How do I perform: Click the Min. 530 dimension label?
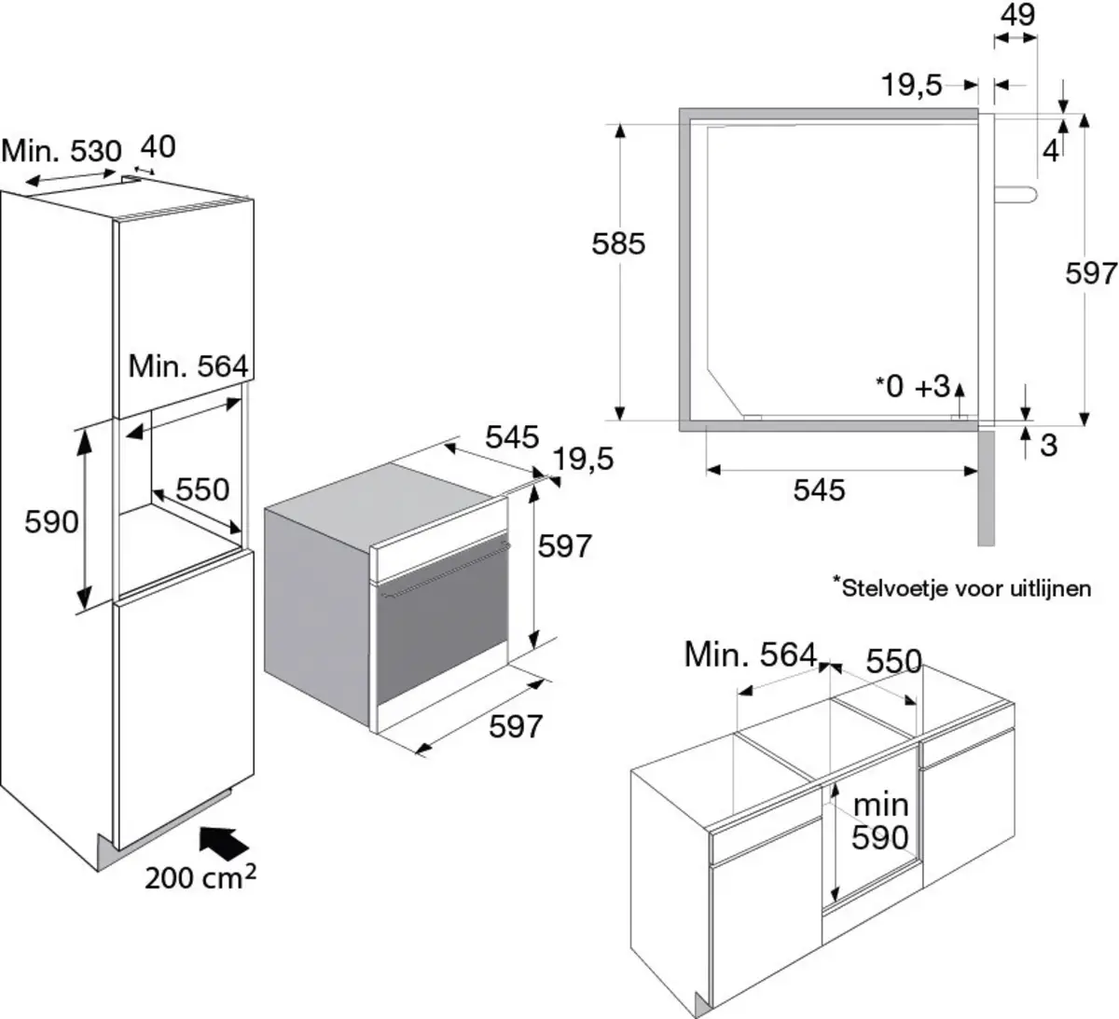[62, 150]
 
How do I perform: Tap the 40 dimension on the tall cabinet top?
[158, 146]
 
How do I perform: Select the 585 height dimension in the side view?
[618, 243]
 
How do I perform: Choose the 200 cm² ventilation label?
[200, 877]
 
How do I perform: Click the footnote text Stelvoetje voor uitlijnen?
[961, 587]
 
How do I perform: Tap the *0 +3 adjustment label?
[911, 386]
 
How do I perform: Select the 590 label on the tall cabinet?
[51, 521]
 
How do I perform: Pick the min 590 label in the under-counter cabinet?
[879, 820]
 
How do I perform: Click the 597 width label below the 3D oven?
[516, 726]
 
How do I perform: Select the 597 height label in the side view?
[1091, 273]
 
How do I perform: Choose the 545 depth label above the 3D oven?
[512, 436]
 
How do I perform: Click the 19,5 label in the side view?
[911, 86]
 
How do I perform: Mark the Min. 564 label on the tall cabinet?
[187, 365]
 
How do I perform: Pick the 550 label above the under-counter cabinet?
[893, 661]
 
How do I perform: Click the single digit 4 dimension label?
[1050, 151]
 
